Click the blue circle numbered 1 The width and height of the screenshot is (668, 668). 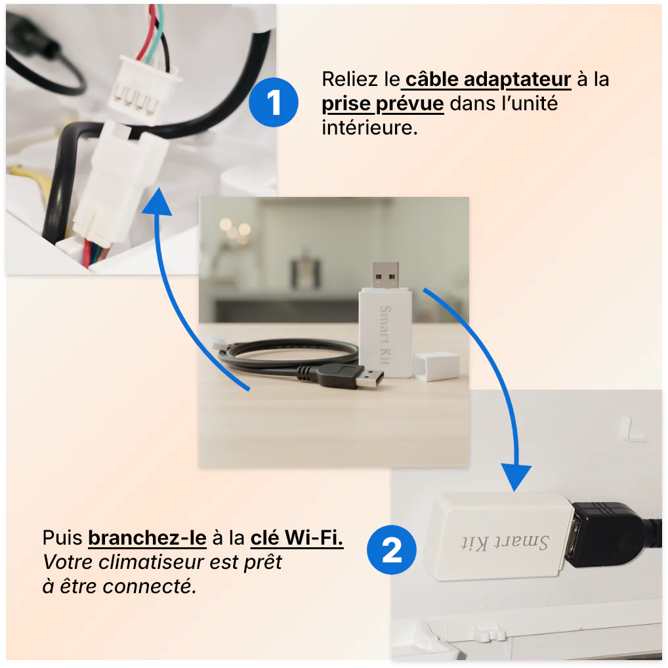[x=274, y=102]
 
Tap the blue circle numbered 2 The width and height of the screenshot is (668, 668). [x=392, y=550]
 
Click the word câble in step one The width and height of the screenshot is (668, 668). [x=431, y=79]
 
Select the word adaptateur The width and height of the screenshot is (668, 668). [x=517, y=80]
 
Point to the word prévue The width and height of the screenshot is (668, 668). [x=410, y=104]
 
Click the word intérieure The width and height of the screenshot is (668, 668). [x=369, y=127]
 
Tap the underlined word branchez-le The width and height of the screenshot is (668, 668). [x=148, y=537]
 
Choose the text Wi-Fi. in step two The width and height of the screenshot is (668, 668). [x=314, y=537]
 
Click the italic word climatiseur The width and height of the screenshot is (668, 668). [x=152, y=562]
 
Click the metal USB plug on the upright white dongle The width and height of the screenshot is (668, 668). [x=385, y=276]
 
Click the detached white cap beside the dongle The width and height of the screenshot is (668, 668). [x=436, y=366]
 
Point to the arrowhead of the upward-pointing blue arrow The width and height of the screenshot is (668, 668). [x=157, y=202]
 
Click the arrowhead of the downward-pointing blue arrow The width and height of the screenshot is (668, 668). [x=516, y=477]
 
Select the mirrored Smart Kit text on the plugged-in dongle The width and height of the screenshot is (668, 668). [x=505, y=542]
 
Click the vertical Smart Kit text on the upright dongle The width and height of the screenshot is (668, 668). [x=385, y=335]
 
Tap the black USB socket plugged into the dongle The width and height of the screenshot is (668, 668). [x=605, y=533]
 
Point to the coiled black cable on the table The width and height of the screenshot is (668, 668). [x=289, y=357]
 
